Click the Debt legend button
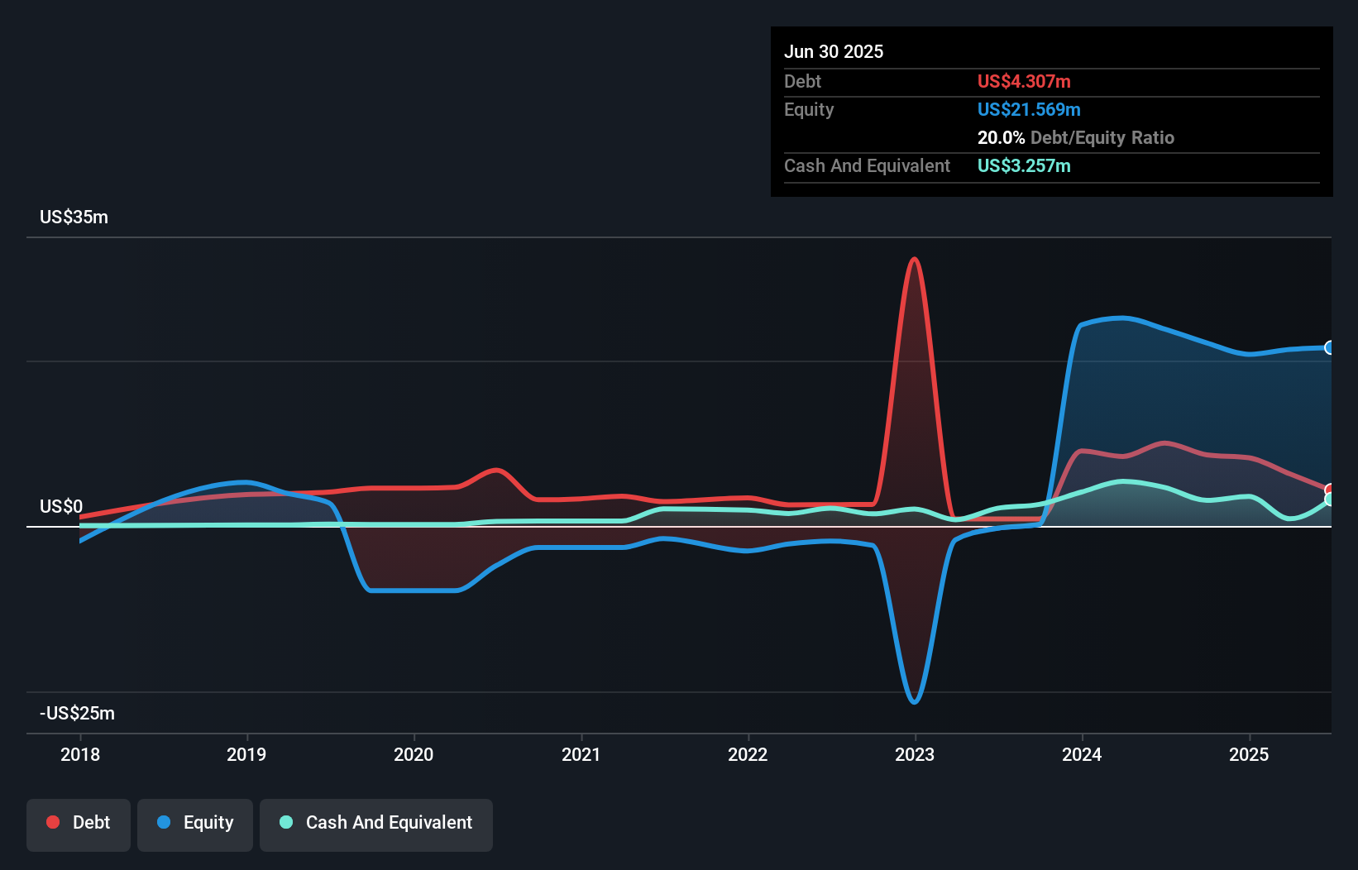coord(79,823)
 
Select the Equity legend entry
coord(195,823)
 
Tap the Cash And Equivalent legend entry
coord(376,823)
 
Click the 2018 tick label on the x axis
coord(80,754)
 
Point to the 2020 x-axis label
coord(414,754)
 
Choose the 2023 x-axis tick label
coord(915,754)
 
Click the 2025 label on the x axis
coord(1249,754)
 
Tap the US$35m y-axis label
coord(74,217)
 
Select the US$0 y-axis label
coord(61,506)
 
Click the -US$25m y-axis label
coord(77,713)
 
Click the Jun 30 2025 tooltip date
coord(834,52)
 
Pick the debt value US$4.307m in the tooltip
coord(1024,82)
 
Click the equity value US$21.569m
coord(1029,110)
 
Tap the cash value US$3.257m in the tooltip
coord(1024,166)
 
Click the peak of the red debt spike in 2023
coord(914,260)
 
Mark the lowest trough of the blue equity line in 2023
coord(914,702)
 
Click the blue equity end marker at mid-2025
coord(1330,347)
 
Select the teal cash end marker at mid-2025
coord(1330,500)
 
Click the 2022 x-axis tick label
coord(748,754)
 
